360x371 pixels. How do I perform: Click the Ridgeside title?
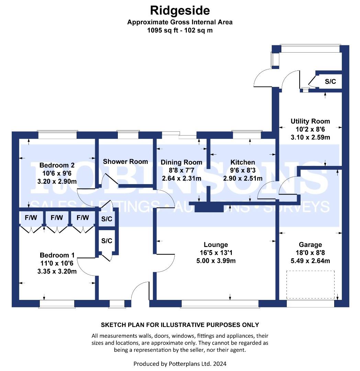click(x=180, y=11)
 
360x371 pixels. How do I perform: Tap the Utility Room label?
click(x=310, y=121)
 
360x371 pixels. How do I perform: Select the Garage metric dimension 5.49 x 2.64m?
click(x=310, y=261)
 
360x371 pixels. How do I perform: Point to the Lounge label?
click(x=216, y=245)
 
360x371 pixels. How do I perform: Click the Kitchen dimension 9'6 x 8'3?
click(x=243, y=170)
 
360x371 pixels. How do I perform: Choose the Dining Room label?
click(x=181, y=162)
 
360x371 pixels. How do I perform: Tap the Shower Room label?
click(x=125, y=161)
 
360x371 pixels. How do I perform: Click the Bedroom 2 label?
click(x=57, y=165)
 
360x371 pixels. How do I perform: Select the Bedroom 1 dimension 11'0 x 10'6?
click(x=57, y=263)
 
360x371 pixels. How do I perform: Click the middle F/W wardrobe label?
click(x=57, y=217)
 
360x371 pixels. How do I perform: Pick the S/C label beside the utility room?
click(x=330, y=82)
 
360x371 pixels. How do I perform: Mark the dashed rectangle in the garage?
click(x=311, y=284)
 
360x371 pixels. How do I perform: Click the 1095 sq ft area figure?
click(x=162, y=30)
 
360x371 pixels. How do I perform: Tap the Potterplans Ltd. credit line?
click(x=180, y=364)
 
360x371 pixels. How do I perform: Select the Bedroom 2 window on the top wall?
click(x=57, y=135)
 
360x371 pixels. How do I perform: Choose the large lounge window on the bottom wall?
click(x=220, y=304)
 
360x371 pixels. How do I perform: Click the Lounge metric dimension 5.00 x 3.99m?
click(x=216, y=261)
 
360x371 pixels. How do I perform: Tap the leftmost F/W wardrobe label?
click(x=31, y=217)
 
